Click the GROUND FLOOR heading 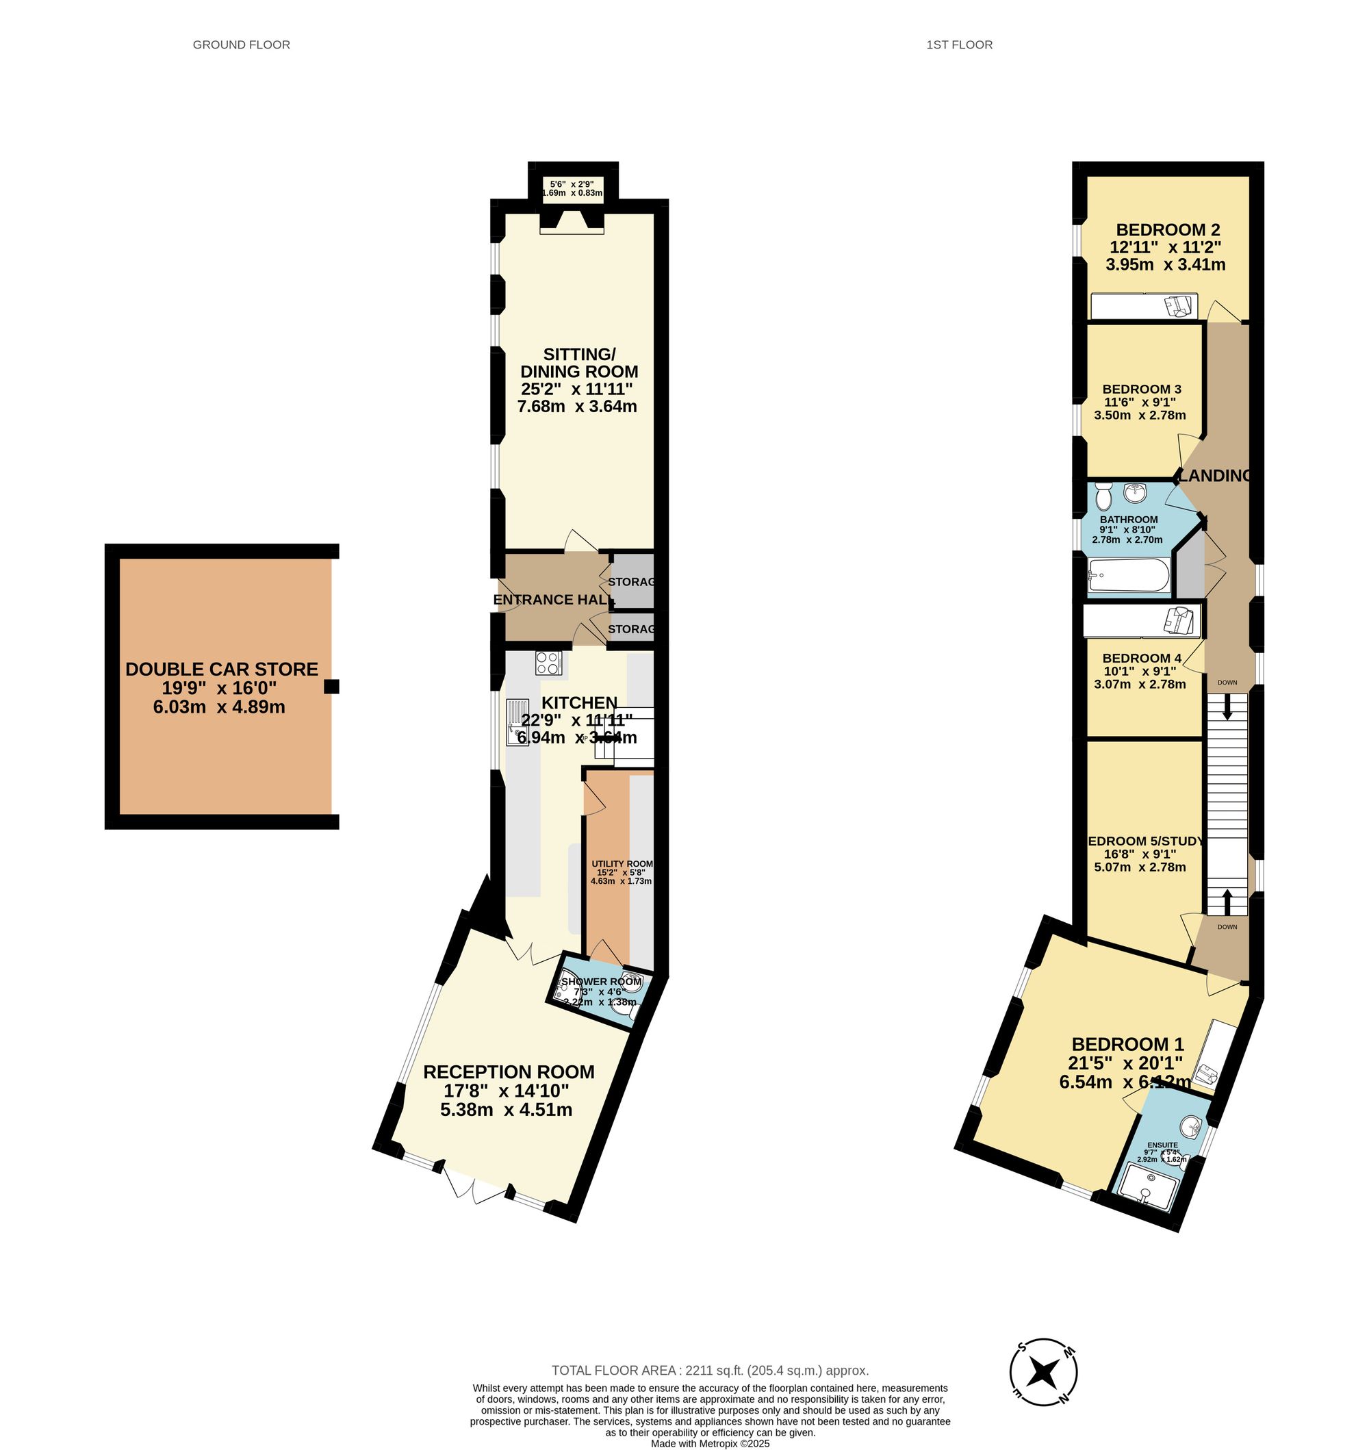[241, 44]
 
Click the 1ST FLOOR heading [959, 44]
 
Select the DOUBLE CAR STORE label [222, 669]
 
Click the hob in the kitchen [548, 663]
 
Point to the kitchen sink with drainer [517, 722]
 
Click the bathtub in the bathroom [1127, 576]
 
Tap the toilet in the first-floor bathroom [1103, 498]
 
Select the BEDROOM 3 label [1141, 389]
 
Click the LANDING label [1215, 476]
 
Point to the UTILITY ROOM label [622, 863]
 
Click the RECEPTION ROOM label [509, 1072]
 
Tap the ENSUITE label [1162, 1145]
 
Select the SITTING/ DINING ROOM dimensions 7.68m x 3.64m [577, 407]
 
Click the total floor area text [709, 1371]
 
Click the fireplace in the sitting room [572, 222]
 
